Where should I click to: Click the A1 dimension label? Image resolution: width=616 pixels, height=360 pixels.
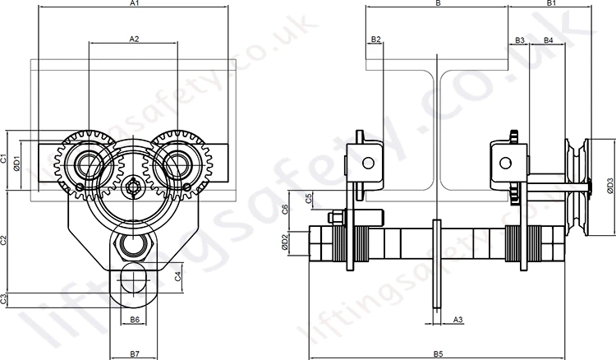135,3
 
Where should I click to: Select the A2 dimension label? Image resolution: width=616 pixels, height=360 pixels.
135,39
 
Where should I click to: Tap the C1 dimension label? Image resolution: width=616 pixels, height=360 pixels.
3,159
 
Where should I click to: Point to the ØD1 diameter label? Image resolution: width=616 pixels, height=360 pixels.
17,164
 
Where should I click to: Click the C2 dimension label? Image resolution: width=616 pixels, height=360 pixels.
3,240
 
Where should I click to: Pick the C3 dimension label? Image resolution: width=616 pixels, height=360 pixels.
3,299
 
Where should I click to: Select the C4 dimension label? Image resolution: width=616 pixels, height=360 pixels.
178,276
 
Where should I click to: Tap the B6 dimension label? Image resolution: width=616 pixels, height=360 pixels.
135,320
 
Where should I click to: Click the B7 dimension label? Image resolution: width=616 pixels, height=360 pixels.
135,354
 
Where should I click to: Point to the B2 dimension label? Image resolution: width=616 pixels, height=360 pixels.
376,39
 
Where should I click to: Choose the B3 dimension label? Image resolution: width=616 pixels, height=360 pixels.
520,40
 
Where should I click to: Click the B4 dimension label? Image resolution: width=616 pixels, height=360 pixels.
549,40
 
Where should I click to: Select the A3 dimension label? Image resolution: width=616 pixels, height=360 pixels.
458,320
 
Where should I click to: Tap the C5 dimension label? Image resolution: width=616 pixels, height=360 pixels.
309,198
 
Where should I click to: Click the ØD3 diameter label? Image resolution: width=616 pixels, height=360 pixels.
609,186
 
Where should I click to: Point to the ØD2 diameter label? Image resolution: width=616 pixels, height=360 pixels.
285,243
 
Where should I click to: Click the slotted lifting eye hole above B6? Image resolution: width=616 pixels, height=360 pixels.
134,278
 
